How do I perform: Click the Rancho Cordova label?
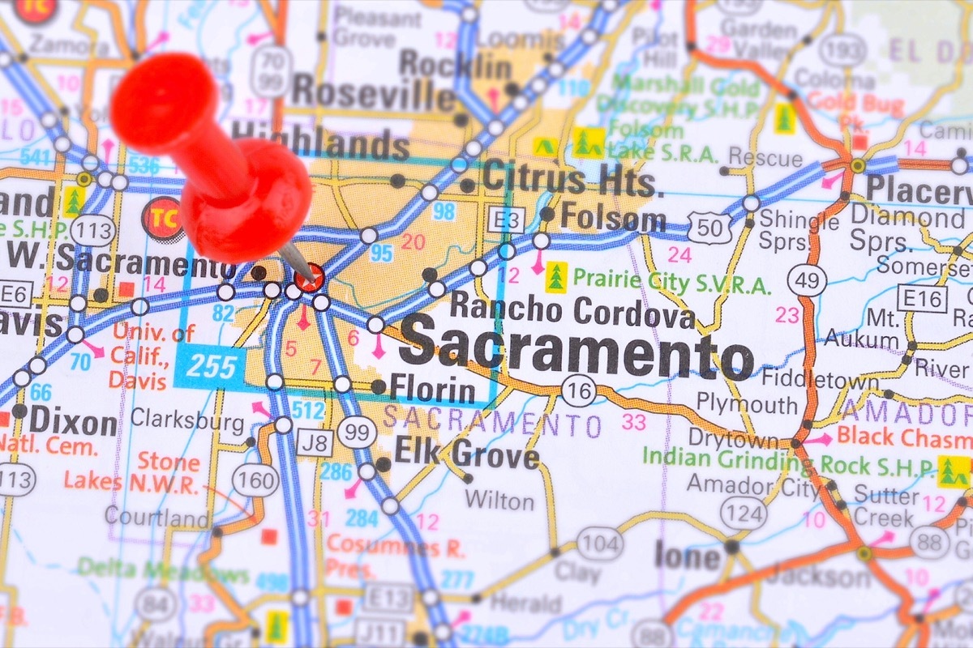click(x=572, y=309)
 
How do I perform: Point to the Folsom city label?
click(x=614, y=218)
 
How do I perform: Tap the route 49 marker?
click(x=808, y=280)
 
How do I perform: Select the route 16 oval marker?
click(x=578, y=391)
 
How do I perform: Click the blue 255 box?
click(x=209, y=367)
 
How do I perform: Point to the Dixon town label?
click(x=74, y=421)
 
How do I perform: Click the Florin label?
click(x=432, y=390)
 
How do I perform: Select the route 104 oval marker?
click(x=599, y=543)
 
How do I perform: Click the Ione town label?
click(x=688, y=556)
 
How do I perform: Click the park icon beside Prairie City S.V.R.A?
click(x=555, y=277)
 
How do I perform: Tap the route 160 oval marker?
click(x=255, y=481)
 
